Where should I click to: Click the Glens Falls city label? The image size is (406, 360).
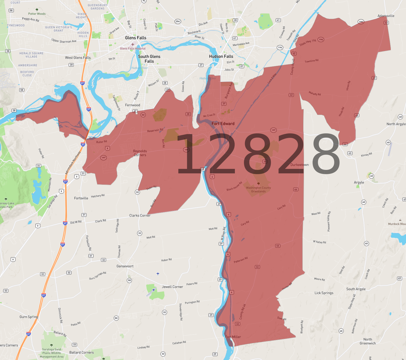[x=136, y=38]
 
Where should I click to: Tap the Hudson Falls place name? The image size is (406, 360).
[x=221, y=56]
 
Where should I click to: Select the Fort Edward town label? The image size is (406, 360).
[x=223, y=124]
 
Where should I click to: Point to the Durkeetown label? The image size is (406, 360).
[x=299, y=165]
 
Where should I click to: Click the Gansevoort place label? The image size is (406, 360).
[x=125, y=266]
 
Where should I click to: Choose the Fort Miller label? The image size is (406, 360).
[x=233, y=337]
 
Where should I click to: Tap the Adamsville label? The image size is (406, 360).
[x=386, y=16]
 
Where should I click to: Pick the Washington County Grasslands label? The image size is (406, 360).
[x=258, y=190]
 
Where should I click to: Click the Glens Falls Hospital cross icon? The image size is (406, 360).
[x=133, y=44]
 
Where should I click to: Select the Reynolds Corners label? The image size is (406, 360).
[x=140, y=153]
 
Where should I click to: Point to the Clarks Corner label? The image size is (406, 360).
[x=140, y=216]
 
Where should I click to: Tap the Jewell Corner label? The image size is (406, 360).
[x=172, y=287]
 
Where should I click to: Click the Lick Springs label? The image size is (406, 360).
[x=324, y=293]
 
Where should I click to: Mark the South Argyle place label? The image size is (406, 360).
[x=356, y=289]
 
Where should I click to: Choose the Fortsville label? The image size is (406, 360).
[x=81, y=198]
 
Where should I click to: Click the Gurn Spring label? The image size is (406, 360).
[x=29, y=317]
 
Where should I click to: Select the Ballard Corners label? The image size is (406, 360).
[x=82, y=353]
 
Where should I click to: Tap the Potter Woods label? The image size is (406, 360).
[x=37, y=14]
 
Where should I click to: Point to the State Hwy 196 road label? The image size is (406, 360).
[x=308, y=42]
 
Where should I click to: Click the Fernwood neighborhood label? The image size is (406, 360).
[x=133, y=105]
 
